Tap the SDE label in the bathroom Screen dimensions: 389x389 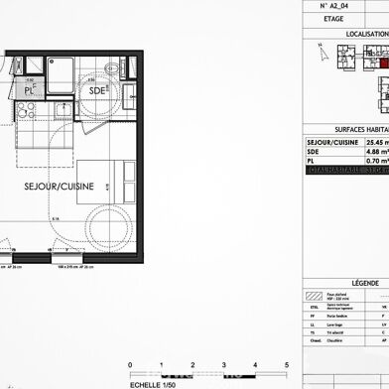click(96, 91)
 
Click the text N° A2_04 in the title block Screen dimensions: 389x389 click(340, 6)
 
